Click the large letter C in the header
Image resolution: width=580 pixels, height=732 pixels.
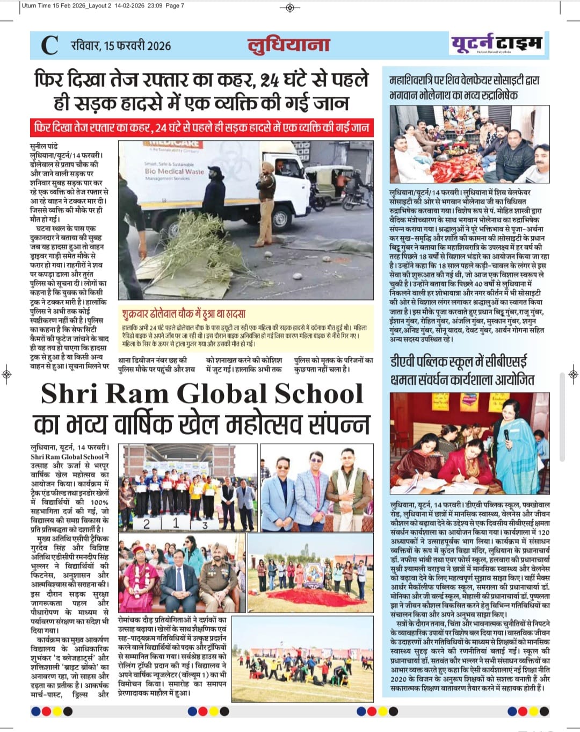point(49,45)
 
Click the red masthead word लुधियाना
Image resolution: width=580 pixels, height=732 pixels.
point(288,45)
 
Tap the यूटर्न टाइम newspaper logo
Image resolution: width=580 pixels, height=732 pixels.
point(496,44)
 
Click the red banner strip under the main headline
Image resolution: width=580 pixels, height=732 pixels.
point(201,128)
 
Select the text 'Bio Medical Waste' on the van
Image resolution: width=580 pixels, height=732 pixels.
point(174,171)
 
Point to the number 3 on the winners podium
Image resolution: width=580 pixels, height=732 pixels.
point(205,525)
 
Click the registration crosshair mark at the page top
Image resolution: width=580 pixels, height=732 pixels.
point(290,7)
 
